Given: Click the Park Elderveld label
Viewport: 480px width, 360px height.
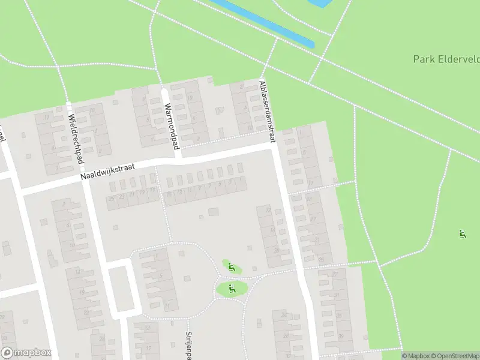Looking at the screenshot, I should [x=446, y=59].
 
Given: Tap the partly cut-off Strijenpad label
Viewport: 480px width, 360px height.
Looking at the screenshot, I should [x=188, y=345].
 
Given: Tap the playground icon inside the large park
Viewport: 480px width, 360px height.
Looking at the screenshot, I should [x=461, y=234].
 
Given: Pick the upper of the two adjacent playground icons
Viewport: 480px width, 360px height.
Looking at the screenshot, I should [x=232, y=268].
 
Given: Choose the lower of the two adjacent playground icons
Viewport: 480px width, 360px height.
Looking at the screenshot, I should [x=232, y=289].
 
